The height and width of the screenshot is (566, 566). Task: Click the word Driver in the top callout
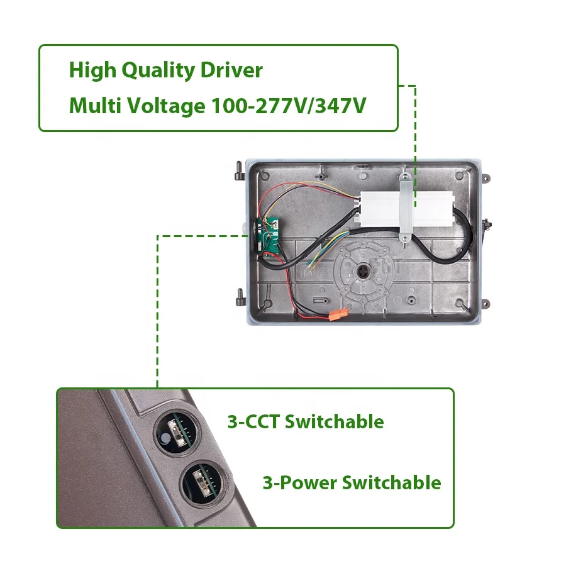231,70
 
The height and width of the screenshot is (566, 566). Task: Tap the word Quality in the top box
158,70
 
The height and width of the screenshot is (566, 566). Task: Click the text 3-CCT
253,421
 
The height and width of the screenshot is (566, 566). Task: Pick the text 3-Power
299,483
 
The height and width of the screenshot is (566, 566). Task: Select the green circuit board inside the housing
270,235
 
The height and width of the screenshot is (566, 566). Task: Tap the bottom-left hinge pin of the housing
239,294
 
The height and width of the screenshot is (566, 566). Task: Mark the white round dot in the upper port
165,438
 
